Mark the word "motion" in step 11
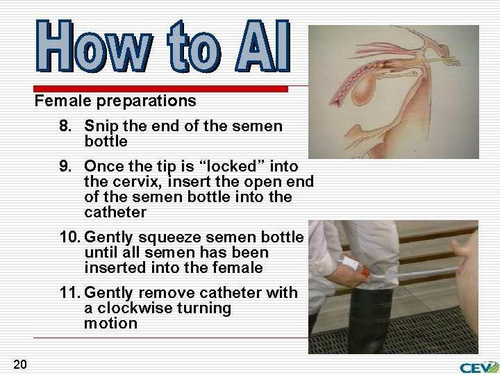click(110, 324)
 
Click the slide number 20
click(19, 364)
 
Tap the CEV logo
click(479, 367)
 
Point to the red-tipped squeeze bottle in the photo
click(352, 266)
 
